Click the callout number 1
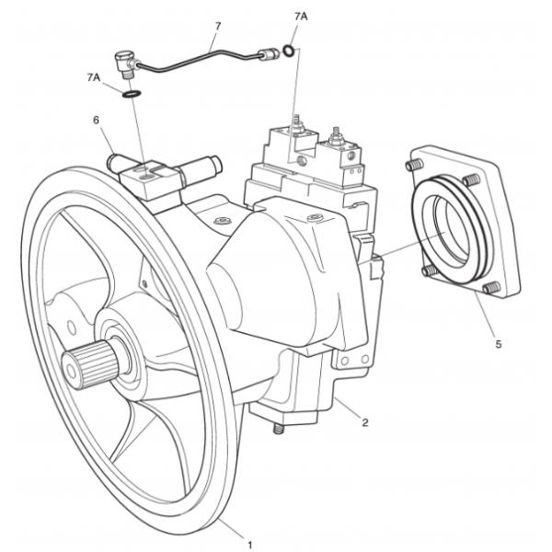(250, 545)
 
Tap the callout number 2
(365, 422)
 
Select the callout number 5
(498, 344)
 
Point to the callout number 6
(96, 121)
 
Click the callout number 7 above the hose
(217, 26)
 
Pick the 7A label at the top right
(301, 17)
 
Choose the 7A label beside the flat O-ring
(94, 77)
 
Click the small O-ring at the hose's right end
(288, 51)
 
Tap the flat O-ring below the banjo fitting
(132, 94)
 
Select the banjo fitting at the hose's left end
(125, 63)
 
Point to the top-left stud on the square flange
(414, 165)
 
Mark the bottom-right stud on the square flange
(491, 288)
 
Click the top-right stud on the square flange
(471, 180)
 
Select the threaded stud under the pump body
(279, 429)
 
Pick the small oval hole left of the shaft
(72, 328)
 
